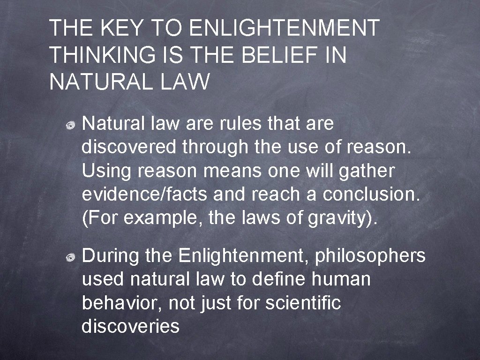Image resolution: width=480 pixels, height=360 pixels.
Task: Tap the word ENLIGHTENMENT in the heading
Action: [x=284, y=29]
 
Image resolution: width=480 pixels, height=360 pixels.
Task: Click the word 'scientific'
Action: [x=303, y=303]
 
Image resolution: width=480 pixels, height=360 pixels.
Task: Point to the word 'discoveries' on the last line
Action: [x=130, y=326]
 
